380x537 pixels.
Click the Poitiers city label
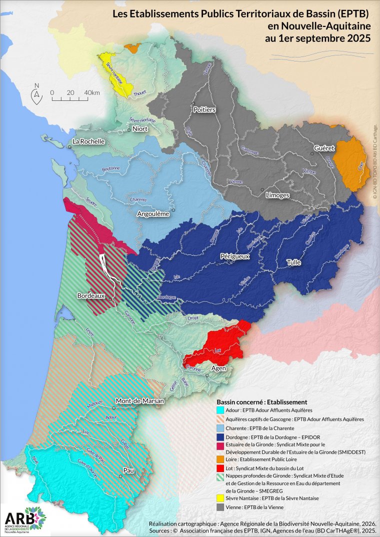tap(204, 109)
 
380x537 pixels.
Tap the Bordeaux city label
tap(90, 296)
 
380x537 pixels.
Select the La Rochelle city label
tap(88, 141)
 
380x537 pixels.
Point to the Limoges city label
tap(277, 195)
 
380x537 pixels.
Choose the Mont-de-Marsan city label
tap(140, 401)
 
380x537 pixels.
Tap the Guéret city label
tap(324, 148)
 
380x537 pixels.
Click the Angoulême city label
tap(153, 214)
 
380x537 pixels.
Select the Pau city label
tap(128, 471)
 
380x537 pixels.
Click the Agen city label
tap(219, 368)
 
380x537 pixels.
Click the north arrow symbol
tap(36, 94)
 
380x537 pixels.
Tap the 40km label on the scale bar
tap(91, 93)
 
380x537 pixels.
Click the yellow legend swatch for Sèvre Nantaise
tap(220, 498)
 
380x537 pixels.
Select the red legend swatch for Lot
tap(220, 468)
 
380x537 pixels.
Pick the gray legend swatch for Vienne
tap(220, 507)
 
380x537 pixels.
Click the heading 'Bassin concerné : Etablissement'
tap(261, 402)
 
